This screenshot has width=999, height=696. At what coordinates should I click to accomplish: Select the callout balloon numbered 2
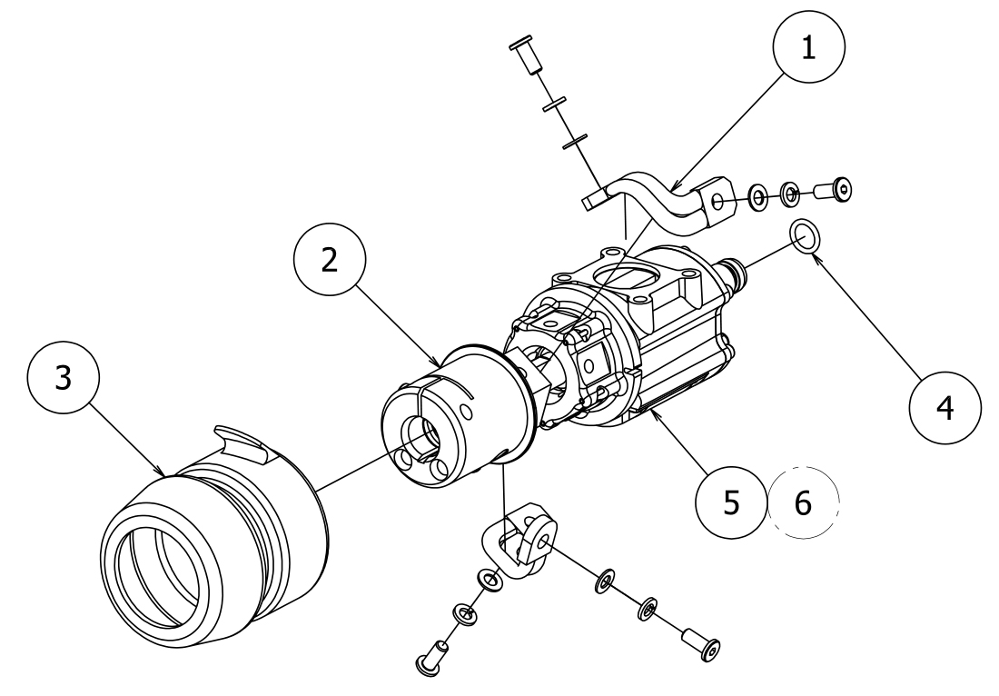330,260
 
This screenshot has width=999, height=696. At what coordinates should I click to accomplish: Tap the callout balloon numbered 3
63,380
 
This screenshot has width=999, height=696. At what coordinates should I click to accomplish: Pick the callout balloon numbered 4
945,407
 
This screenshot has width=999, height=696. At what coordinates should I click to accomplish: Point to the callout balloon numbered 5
731,502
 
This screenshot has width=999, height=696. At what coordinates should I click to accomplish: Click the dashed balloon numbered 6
802,502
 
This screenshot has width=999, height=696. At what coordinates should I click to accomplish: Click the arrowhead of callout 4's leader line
815,257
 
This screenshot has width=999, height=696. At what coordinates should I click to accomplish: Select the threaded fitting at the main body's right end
734,273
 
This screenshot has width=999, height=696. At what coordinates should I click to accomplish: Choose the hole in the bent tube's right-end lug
717,202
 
